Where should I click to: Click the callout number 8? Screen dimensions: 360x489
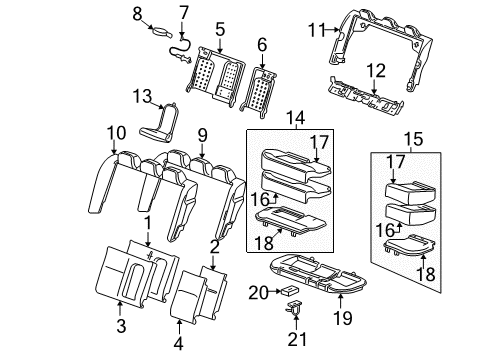(x=138, y=13)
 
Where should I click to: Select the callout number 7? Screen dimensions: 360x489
(x=184, y=13)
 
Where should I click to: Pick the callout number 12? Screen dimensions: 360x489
(x=376, y=71)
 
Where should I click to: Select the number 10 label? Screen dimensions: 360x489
(x=117, y=132)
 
